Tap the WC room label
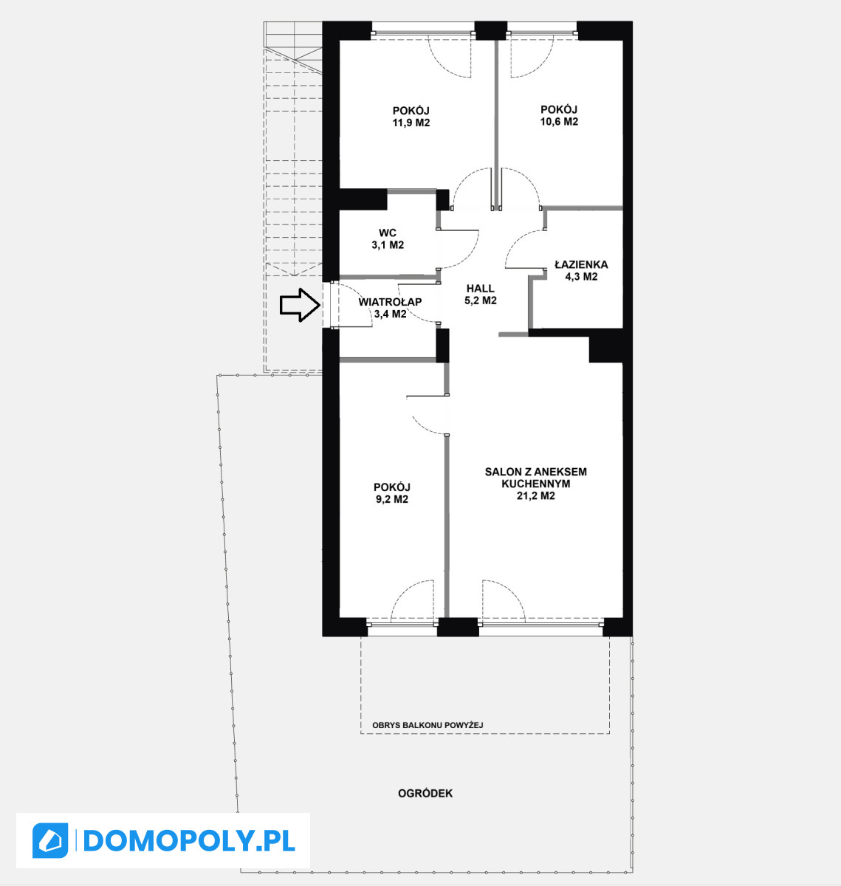(x=388, y=233)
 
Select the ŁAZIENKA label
(x=581, y=264)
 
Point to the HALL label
(x=481, y=289)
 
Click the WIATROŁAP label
(x=391, y=301)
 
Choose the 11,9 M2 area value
(x=411, y=123)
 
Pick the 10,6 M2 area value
(x=559, y=122)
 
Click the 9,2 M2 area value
(x=392, y=499)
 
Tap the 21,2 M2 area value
(x=536, y=495)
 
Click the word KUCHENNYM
(x=536, y=484)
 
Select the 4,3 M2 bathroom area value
(x=581, y=277)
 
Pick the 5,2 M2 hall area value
(x=481, y=301)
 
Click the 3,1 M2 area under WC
(x=388, y=245)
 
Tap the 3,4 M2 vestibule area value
(x=391, y=314)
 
